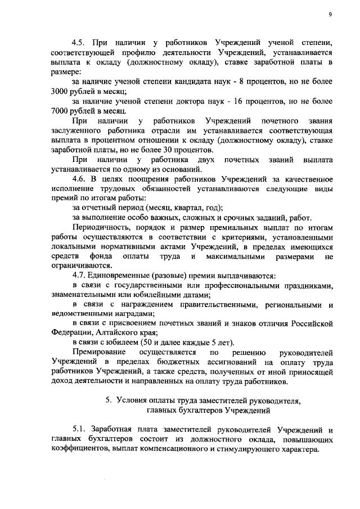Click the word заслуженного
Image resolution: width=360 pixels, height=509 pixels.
point(76,130)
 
